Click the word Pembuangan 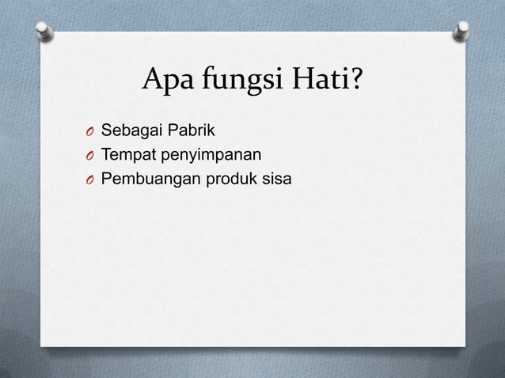pos(150,181)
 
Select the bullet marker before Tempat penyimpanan pos(91,157)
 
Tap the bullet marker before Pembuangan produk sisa pos(91,182)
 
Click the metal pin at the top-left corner pos(44,31)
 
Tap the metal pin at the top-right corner pos(461,32)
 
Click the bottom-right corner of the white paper pos(465,346)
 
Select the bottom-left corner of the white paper pos(41,346)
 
